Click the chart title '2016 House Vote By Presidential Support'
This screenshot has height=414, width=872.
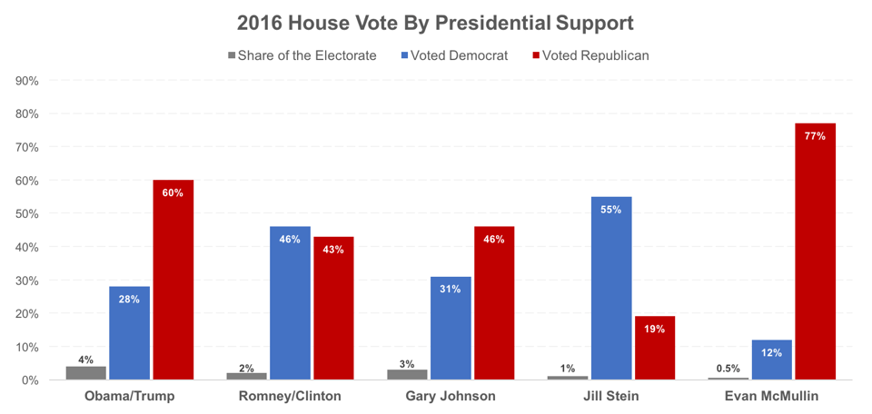pyautogui.click(x=435, y=21)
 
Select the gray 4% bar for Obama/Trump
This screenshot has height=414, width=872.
pyautogui.click(x=85, y=373)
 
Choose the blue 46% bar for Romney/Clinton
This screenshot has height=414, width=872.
pyautogui.click(x=290, y=303)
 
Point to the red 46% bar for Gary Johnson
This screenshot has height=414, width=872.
pyautogui.click(x=494, y=303)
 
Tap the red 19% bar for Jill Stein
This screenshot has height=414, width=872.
pyautogui.click(x=655, y=349)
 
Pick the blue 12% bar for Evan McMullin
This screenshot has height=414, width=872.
pyautogui.click(x=771, y=360)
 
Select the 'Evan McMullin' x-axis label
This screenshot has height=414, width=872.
pyautogui.click(x=771, y=397)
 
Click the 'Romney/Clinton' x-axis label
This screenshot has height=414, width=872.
pyautogui.click(x=290, y=397)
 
